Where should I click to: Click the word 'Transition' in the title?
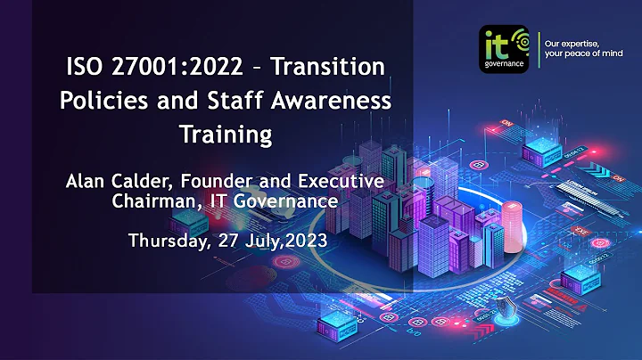(x=329, y=67)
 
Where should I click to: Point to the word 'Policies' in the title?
(x=98, y=101)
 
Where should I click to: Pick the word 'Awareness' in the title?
(x=323, y=101)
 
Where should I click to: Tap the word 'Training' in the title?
(x=225, y=135)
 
